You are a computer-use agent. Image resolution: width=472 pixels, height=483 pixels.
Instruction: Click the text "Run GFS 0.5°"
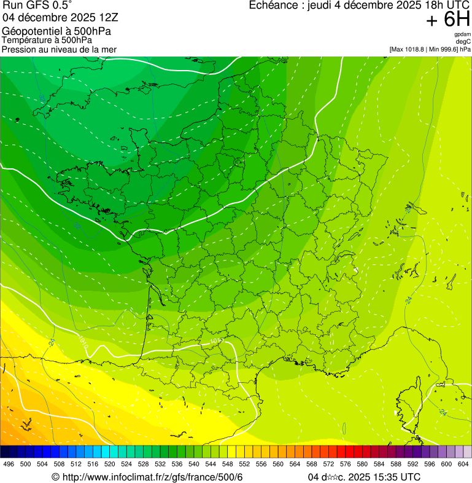coord(37,6)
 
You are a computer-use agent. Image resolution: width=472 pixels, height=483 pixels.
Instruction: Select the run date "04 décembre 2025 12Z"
coord(60,18)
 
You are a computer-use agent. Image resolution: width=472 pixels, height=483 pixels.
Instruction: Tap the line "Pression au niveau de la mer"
coord(59,50)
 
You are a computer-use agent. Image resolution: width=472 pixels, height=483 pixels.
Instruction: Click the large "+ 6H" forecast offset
coord(449,20)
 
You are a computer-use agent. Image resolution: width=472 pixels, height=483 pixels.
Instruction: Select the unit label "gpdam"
coord(462,34)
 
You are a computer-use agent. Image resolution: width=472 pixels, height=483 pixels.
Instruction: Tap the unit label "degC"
coord(463,41)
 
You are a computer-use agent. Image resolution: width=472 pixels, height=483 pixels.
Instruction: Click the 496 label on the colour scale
coord(9,465)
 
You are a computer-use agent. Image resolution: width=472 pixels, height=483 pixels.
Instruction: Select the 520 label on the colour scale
coord(110,465)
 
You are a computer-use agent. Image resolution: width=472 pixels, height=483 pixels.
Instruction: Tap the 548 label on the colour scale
coord(228,465)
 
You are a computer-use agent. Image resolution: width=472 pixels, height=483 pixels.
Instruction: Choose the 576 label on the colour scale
coord(346,465)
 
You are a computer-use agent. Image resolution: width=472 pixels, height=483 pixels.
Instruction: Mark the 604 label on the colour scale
coord(463,465)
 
